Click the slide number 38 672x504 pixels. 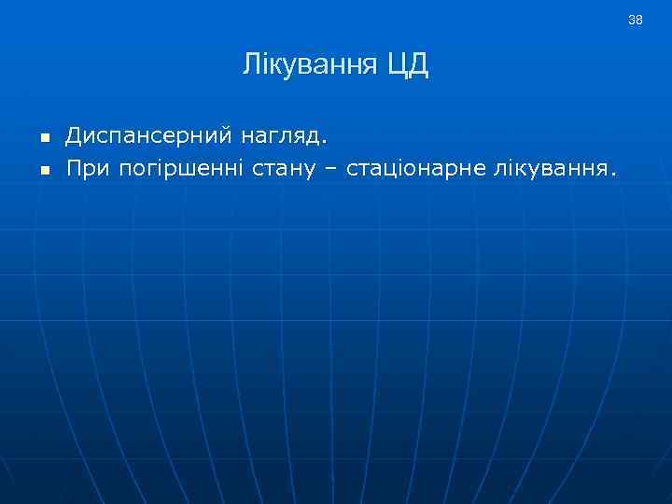[636, 20]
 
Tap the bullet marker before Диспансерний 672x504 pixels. [43, 139]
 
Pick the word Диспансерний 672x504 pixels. [148, 138]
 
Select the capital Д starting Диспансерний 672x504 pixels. [74, 138]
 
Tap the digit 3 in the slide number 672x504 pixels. [632, 20]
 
